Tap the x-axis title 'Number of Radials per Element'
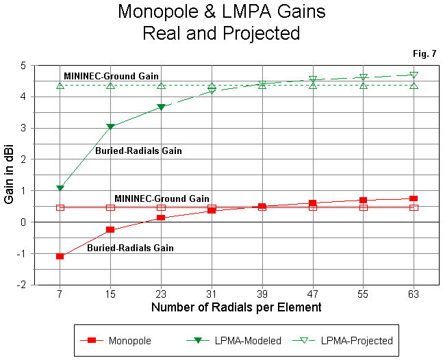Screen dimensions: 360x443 pos(236,307)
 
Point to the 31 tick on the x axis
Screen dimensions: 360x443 pos(212,293)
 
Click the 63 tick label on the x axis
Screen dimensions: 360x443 pos(414,293)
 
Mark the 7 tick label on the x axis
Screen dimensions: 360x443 pos(60,293)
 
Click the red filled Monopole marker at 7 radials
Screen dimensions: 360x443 pos(60,256)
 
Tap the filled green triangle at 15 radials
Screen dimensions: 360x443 pos(110,127)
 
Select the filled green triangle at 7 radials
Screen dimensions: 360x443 pos(60,188)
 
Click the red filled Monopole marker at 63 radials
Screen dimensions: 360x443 pos(414,198)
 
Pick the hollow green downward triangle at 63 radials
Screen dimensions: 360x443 pos(414,75)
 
